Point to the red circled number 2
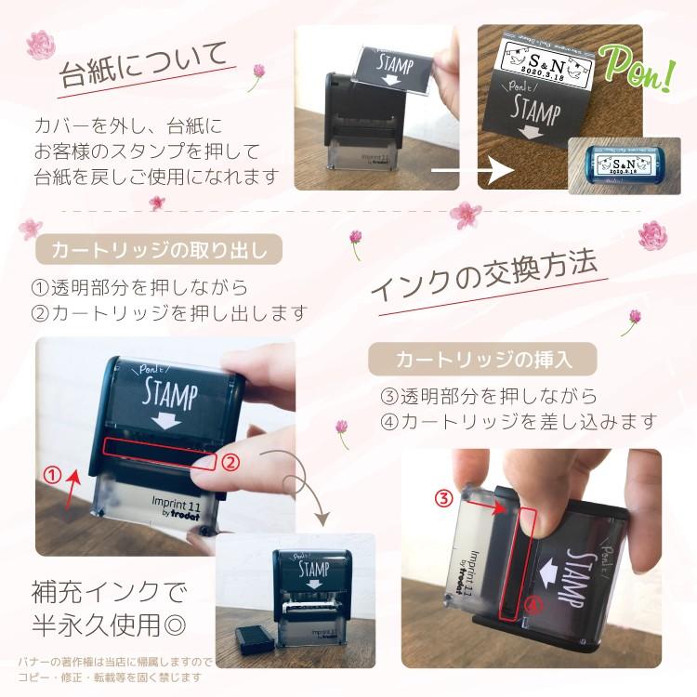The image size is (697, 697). (233, 460)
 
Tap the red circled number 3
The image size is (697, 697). (444, 497)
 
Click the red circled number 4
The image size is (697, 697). (531, 604)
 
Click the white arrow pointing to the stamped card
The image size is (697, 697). (474, 171)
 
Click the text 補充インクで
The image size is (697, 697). (109, 591)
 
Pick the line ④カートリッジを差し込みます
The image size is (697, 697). (518, 421)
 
